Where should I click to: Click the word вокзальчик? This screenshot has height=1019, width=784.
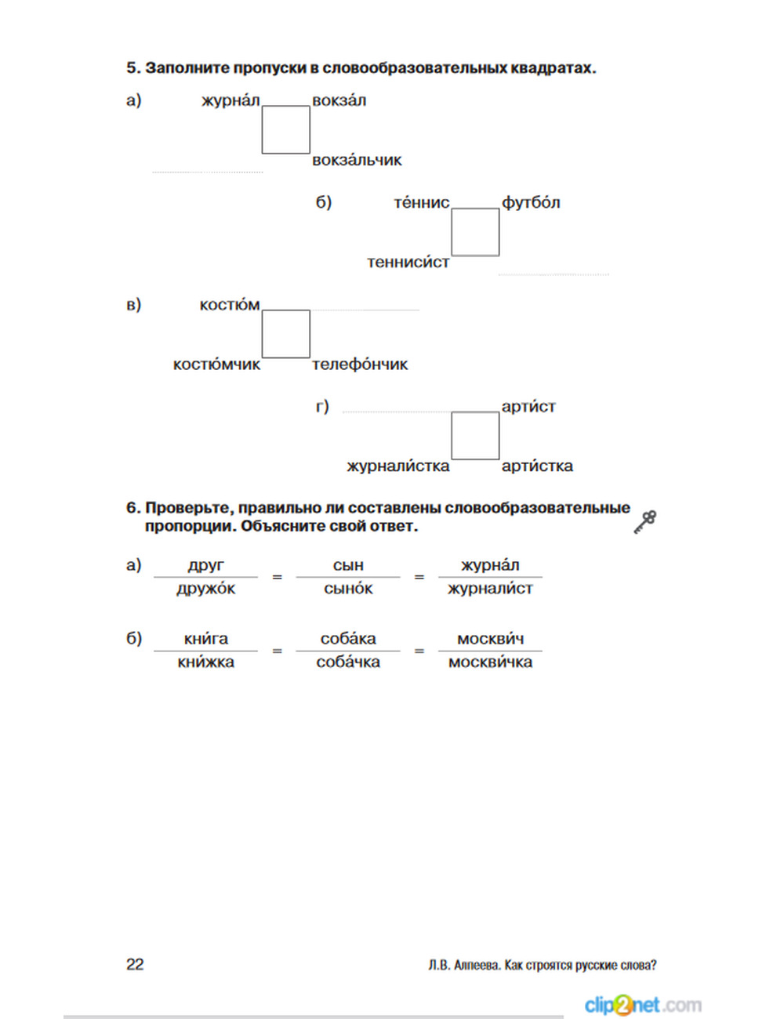pos(357,160)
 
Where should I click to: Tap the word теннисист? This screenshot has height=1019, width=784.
pos(408,262)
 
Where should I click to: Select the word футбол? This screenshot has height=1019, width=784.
pos(531,202)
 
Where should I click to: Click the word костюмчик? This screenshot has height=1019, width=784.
pos(216,364)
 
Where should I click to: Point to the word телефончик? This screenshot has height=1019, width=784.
pos(360,364)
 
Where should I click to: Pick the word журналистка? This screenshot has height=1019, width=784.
pos(398,466)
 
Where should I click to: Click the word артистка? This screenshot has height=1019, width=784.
pos(537,466)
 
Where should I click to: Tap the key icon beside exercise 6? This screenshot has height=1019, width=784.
pos(644,521)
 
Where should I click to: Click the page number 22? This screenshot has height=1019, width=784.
pos(135,964)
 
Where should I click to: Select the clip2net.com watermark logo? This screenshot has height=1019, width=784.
pos(642,1004)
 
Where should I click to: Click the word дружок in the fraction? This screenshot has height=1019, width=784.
pos(205,589)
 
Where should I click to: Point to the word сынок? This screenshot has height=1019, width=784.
pos(348,589)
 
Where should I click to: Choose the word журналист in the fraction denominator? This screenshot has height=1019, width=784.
pos(490,589)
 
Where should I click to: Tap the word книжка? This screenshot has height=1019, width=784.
pos(205,662)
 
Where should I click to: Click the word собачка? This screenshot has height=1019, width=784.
pos(348,662)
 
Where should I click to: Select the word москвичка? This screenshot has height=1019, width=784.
pos(490,662)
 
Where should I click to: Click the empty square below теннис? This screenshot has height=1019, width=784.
pos(475,232)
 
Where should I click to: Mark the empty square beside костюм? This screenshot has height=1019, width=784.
pos(285,334)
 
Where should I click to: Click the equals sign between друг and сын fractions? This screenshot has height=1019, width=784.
pos(277,577)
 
